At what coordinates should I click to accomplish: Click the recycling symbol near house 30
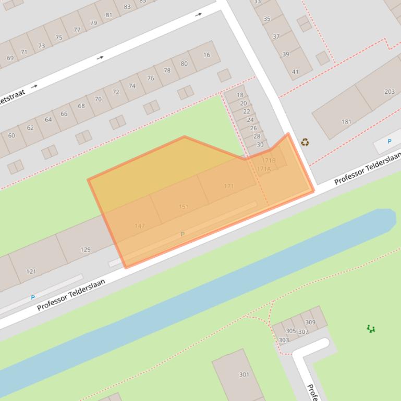pos(305,142)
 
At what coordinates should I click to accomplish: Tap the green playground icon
pos(371,329)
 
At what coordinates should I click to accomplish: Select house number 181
pos(346,122)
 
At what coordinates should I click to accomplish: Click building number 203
pos(390,92)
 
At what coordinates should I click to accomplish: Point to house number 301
pos(244,374)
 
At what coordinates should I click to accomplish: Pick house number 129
pos(86,249)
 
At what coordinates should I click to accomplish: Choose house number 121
pos(31,271)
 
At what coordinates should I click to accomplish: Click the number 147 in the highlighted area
pos(139,225)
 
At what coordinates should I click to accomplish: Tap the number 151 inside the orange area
pos(184,207)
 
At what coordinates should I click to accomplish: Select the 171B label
pos(269,160)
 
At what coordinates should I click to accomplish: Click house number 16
pos(207,55)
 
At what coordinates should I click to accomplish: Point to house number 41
pos(295,72)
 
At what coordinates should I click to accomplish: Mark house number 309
pos(310,322)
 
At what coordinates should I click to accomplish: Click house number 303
pos(284,340)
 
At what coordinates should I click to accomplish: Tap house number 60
pos(11,135)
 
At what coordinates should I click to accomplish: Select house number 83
pos(127,7)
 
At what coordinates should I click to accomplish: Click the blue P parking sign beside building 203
pos(389,141)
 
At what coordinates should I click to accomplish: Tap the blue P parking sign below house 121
pos(32,297)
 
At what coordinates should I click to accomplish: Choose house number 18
pos(240,95)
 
